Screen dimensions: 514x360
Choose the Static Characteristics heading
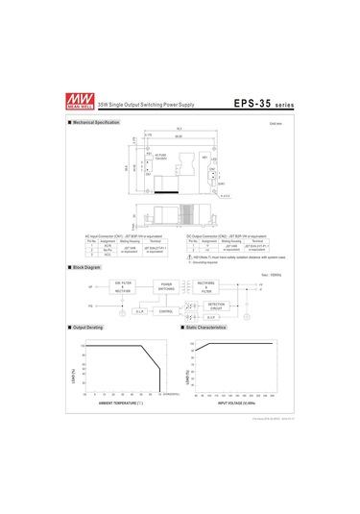206,328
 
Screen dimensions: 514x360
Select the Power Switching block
165,286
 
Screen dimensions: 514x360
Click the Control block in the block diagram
165,311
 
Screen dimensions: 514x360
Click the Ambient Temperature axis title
121,403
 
